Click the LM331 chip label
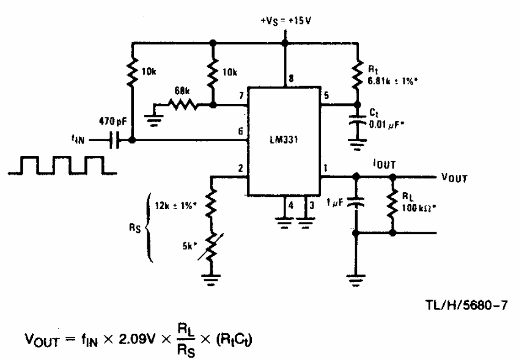(284, 140)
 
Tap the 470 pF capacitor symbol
(114, 141)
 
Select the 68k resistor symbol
(183, 105)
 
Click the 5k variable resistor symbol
(211, 246)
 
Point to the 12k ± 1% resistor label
(176, 206)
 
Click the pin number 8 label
(291, 79)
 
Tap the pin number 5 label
(326, 95)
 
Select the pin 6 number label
(241, 131)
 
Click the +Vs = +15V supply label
(286, 21)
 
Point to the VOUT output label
(454, 178)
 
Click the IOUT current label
(384, 164)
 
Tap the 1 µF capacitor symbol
(356, 202)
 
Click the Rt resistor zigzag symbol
(357, 76)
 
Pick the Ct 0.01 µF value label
(387, 125)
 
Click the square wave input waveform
(62, 165)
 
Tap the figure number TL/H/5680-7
(466, 306)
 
